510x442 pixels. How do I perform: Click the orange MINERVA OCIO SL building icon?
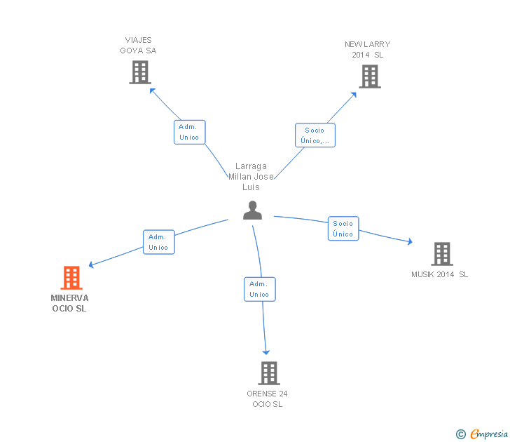click(x=71, y=278)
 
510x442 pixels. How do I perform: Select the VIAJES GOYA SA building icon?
click(x=140, y=72)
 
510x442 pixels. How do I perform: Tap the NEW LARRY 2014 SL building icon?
click(x=369, y=76)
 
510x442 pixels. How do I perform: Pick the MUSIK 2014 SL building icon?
click(x=441, y=253)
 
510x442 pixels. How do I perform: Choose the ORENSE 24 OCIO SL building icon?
click(x=268, y=373)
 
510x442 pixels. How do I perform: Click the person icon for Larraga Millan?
click(x=252, y=210)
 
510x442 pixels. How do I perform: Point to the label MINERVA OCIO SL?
click(x=70, y=303)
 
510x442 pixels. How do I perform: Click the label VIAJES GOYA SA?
click(x=138, y=45)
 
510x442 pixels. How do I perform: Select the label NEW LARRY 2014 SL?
click(x=368, y=49)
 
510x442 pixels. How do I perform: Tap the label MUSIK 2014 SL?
click(x=439, y=274)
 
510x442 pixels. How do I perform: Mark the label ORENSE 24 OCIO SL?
click(x=267, y=399)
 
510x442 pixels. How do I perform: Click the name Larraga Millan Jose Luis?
click(x=251, y=177)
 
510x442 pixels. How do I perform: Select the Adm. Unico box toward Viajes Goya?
click(x=189, y=132)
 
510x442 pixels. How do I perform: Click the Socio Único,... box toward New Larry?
click(x=315, y=135)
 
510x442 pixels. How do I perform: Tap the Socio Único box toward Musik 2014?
click(x=343, y=229)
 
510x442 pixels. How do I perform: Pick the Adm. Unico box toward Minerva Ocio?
click(x=158, y=242)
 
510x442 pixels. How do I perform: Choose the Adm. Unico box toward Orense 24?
click(x=259, y=289)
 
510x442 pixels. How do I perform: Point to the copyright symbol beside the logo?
click(x=460, y=434)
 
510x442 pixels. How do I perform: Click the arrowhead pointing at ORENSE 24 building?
click(x=266, y=351)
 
